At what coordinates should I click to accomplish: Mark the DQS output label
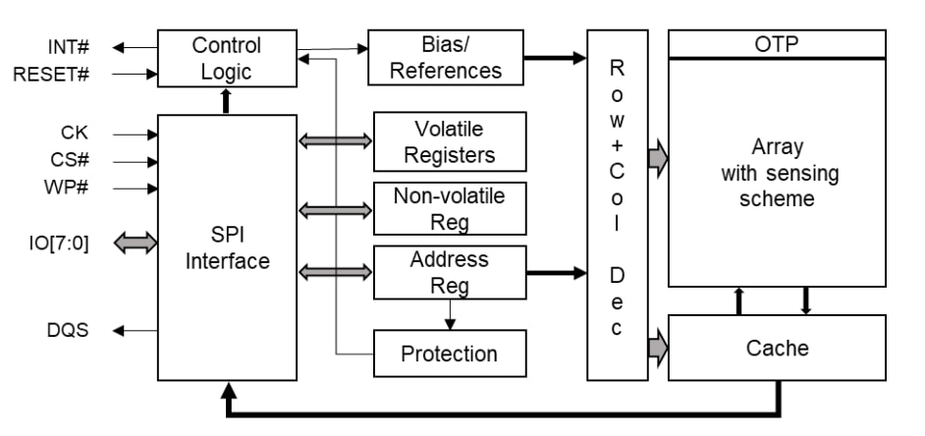[x=69, y=330]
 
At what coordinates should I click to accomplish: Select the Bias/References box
[x=445, y=57]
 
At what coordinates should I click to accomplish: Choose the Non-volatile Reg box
[x=450, y=208]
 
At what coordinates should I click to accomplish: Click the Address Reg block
[x=450, y=273]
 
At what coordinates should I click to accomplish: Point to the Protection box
[x=450, y=353]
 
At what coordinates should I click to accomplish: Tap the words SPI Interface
[x=227, y=248]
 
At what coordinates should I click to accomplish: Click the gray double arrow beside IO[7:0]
[x=135, y=242]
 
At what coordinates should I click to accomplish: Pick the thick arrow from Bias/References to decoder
[x=554, y=57]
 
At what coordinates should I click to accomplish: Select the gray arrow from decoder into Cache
[x=657, y=347]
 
